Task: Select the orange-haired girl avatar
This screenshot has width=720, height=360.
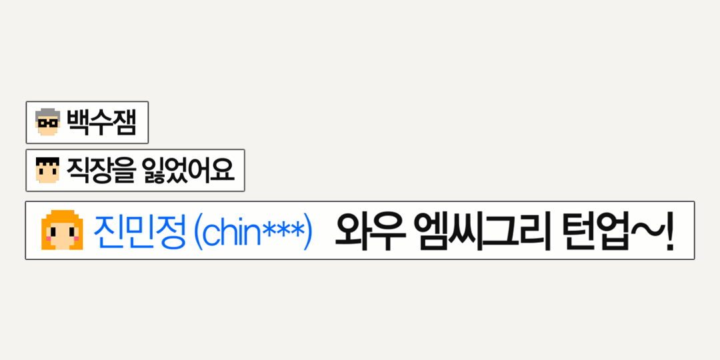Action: tap(61, 231)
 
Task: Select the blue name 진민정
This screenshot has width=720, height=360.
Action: tap(139, 231)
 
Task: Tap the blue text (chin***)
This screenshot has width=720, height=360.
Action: tap(252, 231)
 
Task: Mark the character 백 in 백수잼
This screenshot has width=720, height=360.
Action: tap(78, 123)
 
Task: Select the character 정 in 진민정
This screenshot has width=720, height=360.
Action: tap(171, 231)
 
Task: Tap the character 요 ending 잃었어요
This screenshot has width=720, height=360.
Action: tap(224, 171)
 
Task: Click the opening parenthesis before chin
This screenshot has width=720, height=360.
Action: tap(198, 231)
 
